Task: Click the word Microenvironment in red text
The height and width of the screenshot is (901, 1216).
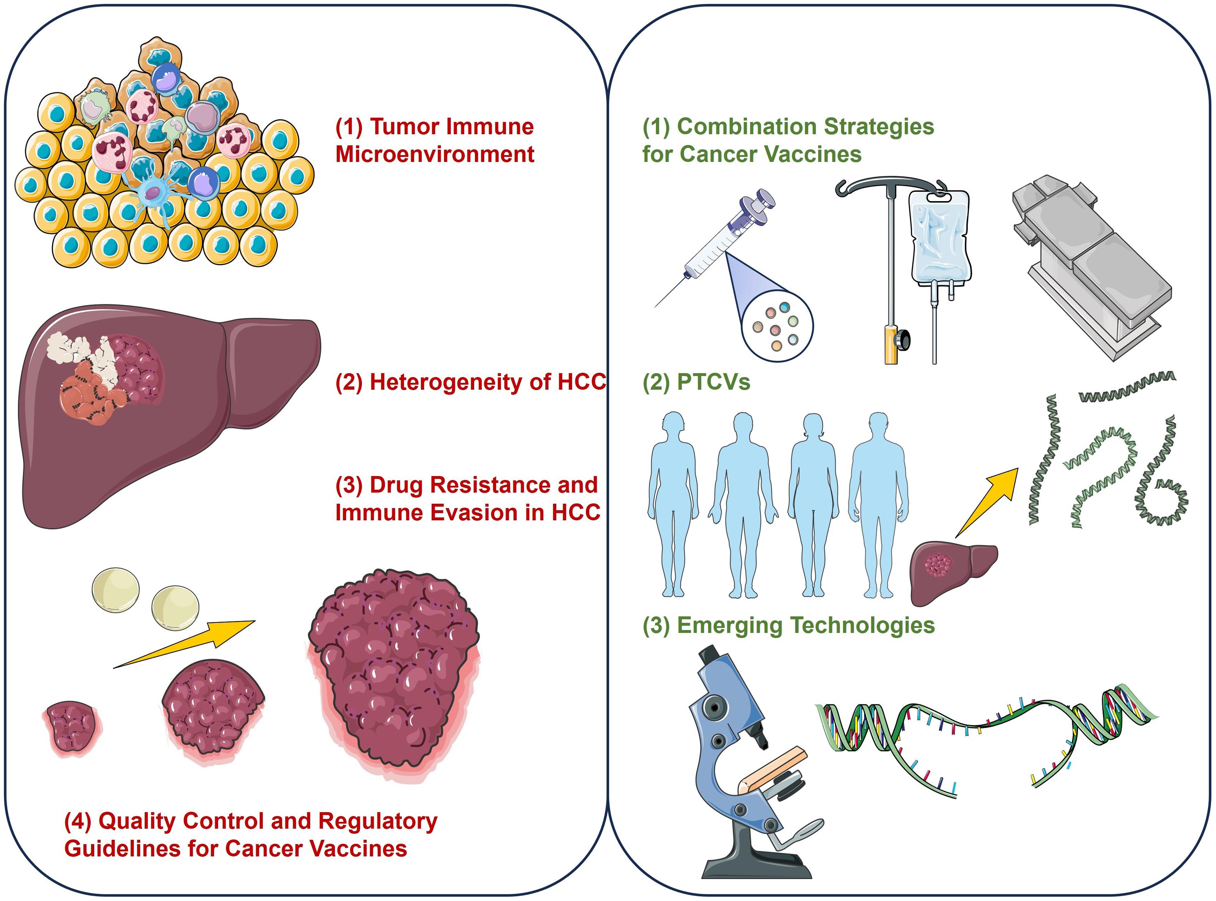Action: [x=435, y=154]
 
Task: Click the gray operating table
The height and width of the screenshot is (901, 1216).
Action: [x=1091, y=267]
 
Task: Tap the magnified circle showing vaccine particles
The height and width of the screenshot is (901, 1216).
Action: [x=777, y=326]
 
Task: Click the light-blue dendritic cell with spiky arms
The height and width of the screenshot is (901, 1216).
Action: [x=153, y=194]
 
